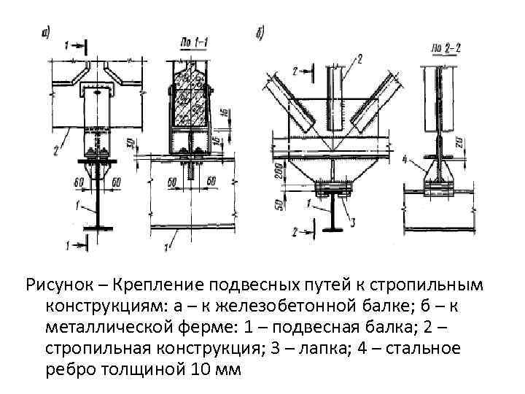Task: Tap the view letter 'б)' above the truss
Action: pyautogui.click(x=260, y=33)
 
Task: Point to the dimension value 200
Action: pyautogui.click(x=281, y=172)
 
